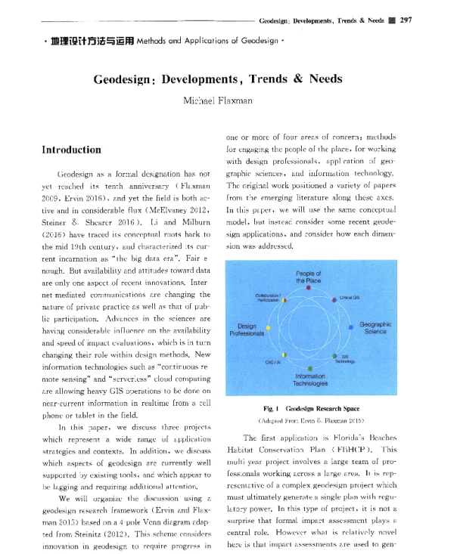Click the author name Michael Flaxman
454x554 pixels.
(228, 101)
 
